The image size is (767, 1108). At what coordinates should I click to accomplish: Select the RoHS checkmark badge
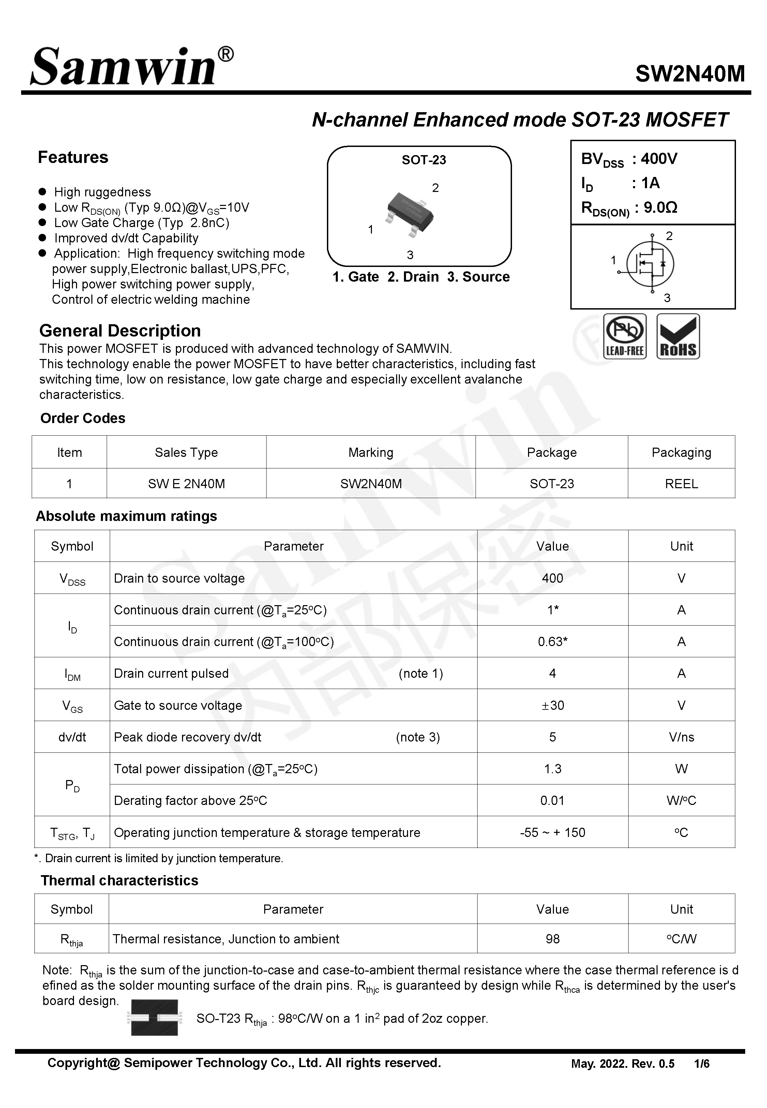[678, 336]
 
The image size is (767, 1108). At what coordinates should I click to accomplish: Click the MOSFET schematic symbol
[650, 264]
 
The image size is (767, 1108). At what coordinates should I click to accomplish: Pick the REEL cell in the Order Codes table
[681, 483]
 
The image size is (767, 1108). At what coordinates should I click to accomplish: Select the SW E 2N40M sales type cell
[186, 483]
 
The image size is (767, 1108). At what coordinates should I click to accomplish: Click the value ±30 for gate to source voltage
[552, 705]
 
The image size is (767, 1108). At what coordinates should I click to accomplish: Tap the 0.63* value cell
[552, 642]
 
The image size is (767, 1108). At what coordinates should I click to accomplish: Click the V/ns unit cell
[681, 737]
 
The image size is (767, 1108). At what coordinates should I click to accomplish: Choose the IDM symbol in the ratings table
[72, 674]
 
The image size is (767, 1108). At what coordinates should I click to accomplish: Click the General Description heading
[120, 331]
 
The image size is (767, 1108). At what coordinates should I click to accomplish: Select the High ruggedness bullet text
[102, 192]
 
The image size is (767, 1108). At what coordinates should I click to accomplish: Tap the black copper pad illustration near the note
[154, 1017]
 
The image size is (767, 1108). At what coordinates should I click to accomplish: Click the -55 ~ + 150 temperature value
[552, 832]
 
